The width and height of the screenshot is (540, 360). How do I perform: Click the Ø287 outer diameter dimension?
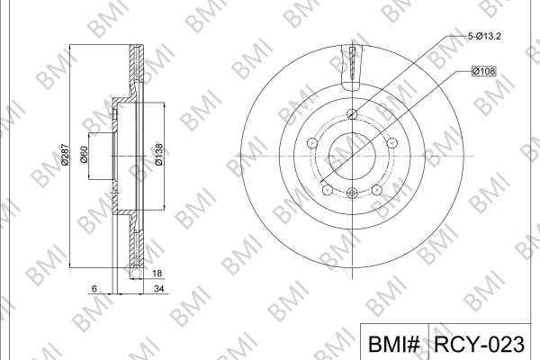click(x=65, y=154)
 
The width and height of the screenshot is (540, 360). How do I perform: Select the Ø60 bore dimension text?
click(x=84, y=154)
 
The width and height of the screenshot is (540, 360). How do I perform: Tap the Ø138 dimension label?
click(x=158, y=154)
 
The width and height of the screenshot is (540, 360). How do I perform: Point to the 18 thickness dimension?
click(x=157, y=274)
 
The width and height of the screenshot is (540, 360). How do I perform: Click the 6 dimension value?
click(x=94, y=289)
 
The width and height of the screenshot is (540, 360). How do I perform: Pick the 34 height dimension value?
click(x=158, y=289)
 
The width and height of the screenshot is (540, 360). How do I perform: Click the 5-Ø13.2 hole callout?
click(x=484, y=36)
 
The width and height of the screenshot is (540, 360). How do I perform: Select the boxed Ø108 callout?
click(x=484, y=71)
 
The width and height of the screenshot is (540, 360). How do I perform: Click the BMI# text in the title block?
click(x=393, y=344)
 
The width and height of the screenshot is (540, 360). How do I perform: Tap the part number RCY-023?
click(x=479, y=344)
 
